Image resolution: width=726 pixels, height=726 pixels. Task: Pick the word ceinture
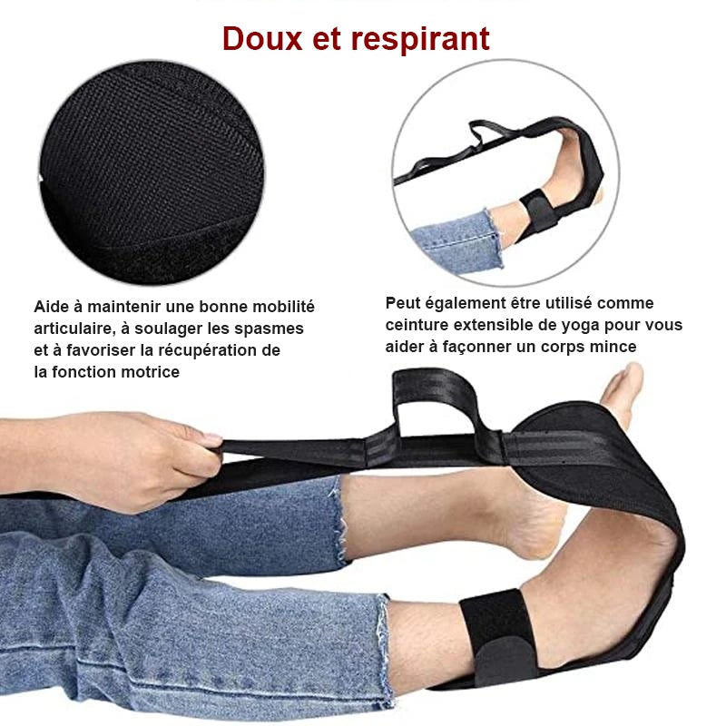pos(417,325)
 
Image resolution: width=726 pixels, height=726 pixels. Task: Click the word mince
pos(613,347)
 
